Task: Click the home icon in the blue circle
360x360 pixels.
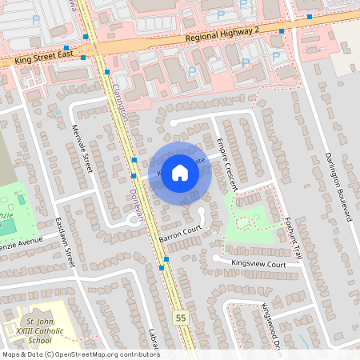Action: (180, 172)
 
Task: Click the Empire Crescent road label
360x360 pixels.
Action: (226, 161)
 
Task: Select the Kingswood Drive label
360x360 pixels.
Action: (273, 324)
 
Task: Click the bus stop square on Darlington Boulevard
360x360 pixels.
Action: (309, 15)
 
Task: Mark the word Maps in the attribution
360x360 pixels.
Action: (11, 354)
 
